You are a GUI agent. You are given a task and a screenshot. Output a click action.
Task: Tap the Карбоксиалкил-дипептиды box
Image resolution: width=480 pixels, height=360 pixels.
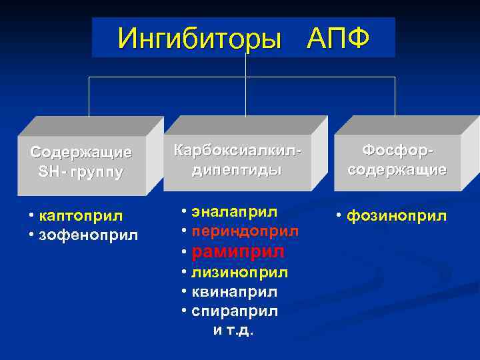(x=237, y=160)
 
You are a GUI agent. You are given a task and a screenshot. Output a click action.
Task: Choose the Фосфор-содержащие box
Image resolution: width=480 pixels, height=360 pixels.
(x=397, y=160)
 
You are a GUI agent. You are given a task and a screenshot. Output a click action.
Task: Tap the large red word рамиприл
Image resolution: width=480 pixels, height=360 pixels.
(x=238, y=251)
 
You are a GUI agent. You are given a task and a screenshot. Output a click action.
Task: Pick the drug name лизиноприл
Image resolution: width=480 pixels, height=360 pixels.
(x=241, y=272)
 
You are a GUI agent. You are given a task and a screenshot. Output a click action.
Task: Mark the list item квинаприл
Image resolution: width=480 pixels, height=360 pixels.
(x=235, y=292)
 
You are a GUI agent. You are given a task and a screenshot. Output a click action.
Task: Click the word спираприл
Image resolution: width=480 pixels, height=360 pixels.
(x=235, y=311)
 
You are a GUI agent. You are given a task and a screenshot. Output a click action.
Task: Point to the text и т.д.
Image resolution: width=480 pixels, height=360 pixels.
(x=233, y=331)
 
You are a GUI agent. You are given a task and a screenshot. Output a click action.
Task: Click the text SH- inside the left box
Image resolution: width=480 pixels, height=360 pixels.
(x=51, y=172)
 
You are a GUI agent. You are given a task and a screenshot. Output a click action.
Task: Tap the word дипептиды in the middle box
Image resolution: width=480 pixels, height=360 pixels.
(x=237, y=170)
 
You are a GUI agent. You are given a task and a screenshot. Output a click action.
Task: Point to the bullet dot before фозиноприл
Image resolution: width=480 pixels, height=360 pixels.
(x=340, y=217)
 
